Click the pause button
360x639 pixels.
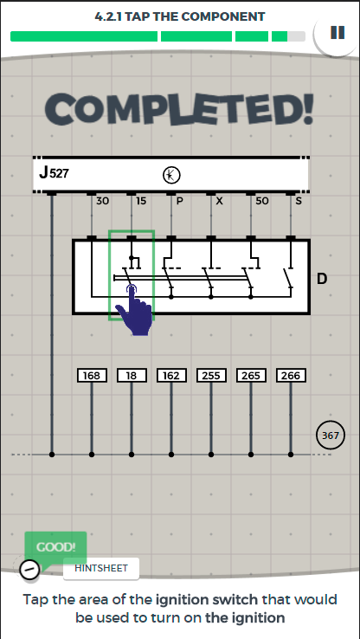[x=337, y=33]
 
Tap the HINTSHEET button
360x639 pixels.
[x=101, y=568]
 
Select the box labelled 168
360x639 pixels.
[x=92, y=376]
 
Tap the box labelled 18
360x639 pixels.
[x=132, y=376]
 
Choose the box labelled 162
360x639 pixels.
[x=171, y=376]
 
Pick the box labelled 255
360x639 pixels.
[x=211, y=376]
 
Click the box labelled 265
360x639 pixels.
[x=251, y=376]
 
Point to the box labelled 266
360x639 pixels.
[x=291, y=376]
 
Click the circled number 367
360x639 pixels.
[x=331, y=436]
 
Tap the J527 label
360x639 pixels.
[x=55, y=173]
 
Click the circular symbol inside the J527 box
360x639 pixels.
[x=171, y=175]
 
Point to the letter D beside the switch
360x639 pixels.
[x=322, y=279]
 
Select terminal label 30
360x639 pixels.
[x=102, y=201]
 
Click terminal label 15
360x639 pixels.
[x=141, y=201]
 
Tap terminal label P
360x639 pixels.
[x=179, y=201]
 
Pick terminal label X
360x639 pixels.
[x=219, y=201]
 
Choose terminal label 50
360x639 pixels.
[x=262, y=201]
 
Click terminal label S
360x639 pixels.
[x=299, y=201]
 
